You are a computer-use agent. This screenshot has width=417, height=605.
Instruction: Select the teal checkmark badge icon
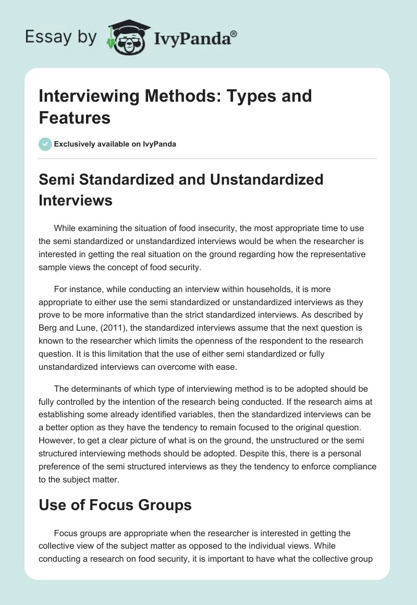tap(45, 144)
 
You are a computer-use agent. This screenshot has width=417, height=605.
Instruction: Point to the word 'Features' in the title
tap(75, 117)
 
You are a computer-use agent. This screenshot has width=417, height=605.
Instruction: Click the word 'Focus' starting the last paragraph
tap(66, 533)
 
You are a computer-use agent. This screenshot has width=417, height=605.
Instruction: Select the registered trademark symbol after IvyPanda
tap(234, 33)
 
